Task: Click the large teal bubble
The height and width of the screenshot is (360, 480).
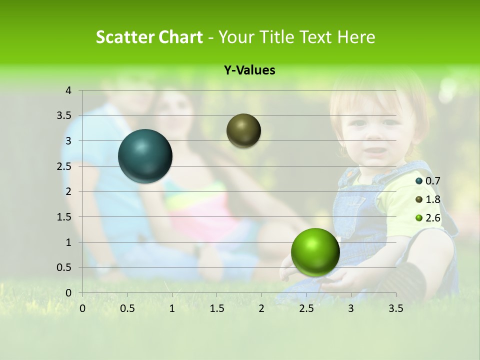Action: point(145,156)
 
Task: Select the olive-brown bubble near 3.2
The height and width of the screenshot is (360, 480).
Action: point(243,130)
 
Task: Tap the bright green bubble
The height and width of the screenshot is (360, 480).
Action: point(315,252)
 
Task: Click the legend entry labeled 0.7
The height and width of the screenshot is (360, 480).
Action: point(428,181)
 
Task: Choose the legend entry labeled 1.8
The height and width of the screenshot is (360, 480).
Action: point(428,199)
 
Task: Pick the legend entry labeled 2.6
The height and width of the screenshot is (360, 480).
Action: point(428,218)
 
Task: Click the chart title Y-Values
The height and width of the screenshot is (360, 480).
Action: point(249,70)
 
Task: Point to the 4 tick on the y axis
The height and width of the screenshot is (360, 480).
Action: point(68,90)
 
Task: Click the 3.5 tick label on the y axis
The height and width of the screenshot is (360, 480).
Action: point(65,116)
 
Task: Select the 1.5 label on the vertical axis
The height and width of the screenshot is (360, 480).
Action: point(65,217)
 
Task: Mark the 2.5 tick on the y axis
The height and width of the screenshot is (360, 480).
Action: point(65,166)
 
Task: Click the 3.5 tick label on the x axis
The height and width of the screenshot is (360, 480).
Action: point(395,308)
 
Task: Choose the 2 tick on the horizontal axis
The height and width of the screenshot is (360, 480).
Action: point(261,308)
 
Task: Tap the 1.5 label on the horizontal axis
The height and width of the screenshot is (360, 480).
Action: point(216,308)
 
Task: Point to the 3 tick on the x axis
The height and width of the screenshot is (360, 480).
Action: point(350,308)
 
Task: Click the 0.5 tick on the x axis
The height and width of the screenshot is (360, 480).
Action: point(127,308)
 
